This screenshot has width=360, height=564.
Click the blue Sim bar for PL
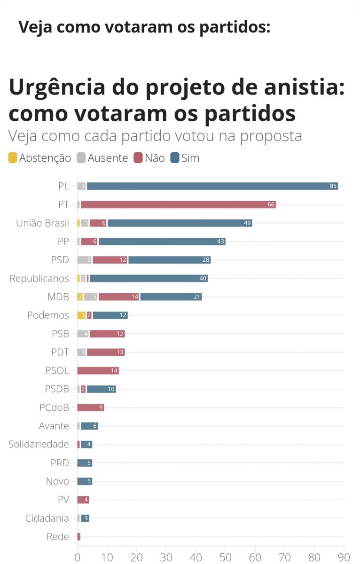click(x=212, y=186)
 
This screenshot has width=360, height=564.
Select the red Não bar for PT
click(x=178, y=204)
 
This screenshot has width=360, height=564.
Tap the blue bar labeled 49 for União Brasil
click(x=180, y=223)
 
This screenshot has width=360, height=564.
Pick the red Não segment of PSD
click(x=110, y=260)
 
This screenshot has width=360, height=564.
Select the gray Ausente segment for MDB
click(x=91, y=297)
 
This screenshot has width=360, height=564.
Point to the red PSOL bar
click(x=98, y=370)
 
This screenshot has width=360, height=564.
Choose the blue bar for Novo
click(x=85, y=481)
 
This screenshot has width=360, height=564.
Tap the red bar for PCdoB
click(x=90, y=407)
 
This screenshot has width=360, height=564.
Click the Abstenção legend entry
click(x=39, y=158)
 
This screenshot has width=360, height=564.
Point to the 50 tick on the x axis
click(x=226, y=557)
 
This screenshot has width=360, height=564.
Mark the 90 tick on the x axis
click(x=344, y=557)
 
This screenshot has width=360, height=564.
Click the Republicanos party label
click(x=39, y=278)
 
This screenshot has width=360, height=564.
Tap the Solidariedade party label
click(x=39, y=444)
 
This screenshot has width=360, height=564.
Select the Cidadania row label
click(x=47, y=518)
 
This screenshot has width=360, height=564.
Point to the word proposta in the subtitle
click(x=271, y=136)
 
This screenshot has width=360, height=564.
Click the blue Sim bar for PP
click(x=162, y=242)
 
